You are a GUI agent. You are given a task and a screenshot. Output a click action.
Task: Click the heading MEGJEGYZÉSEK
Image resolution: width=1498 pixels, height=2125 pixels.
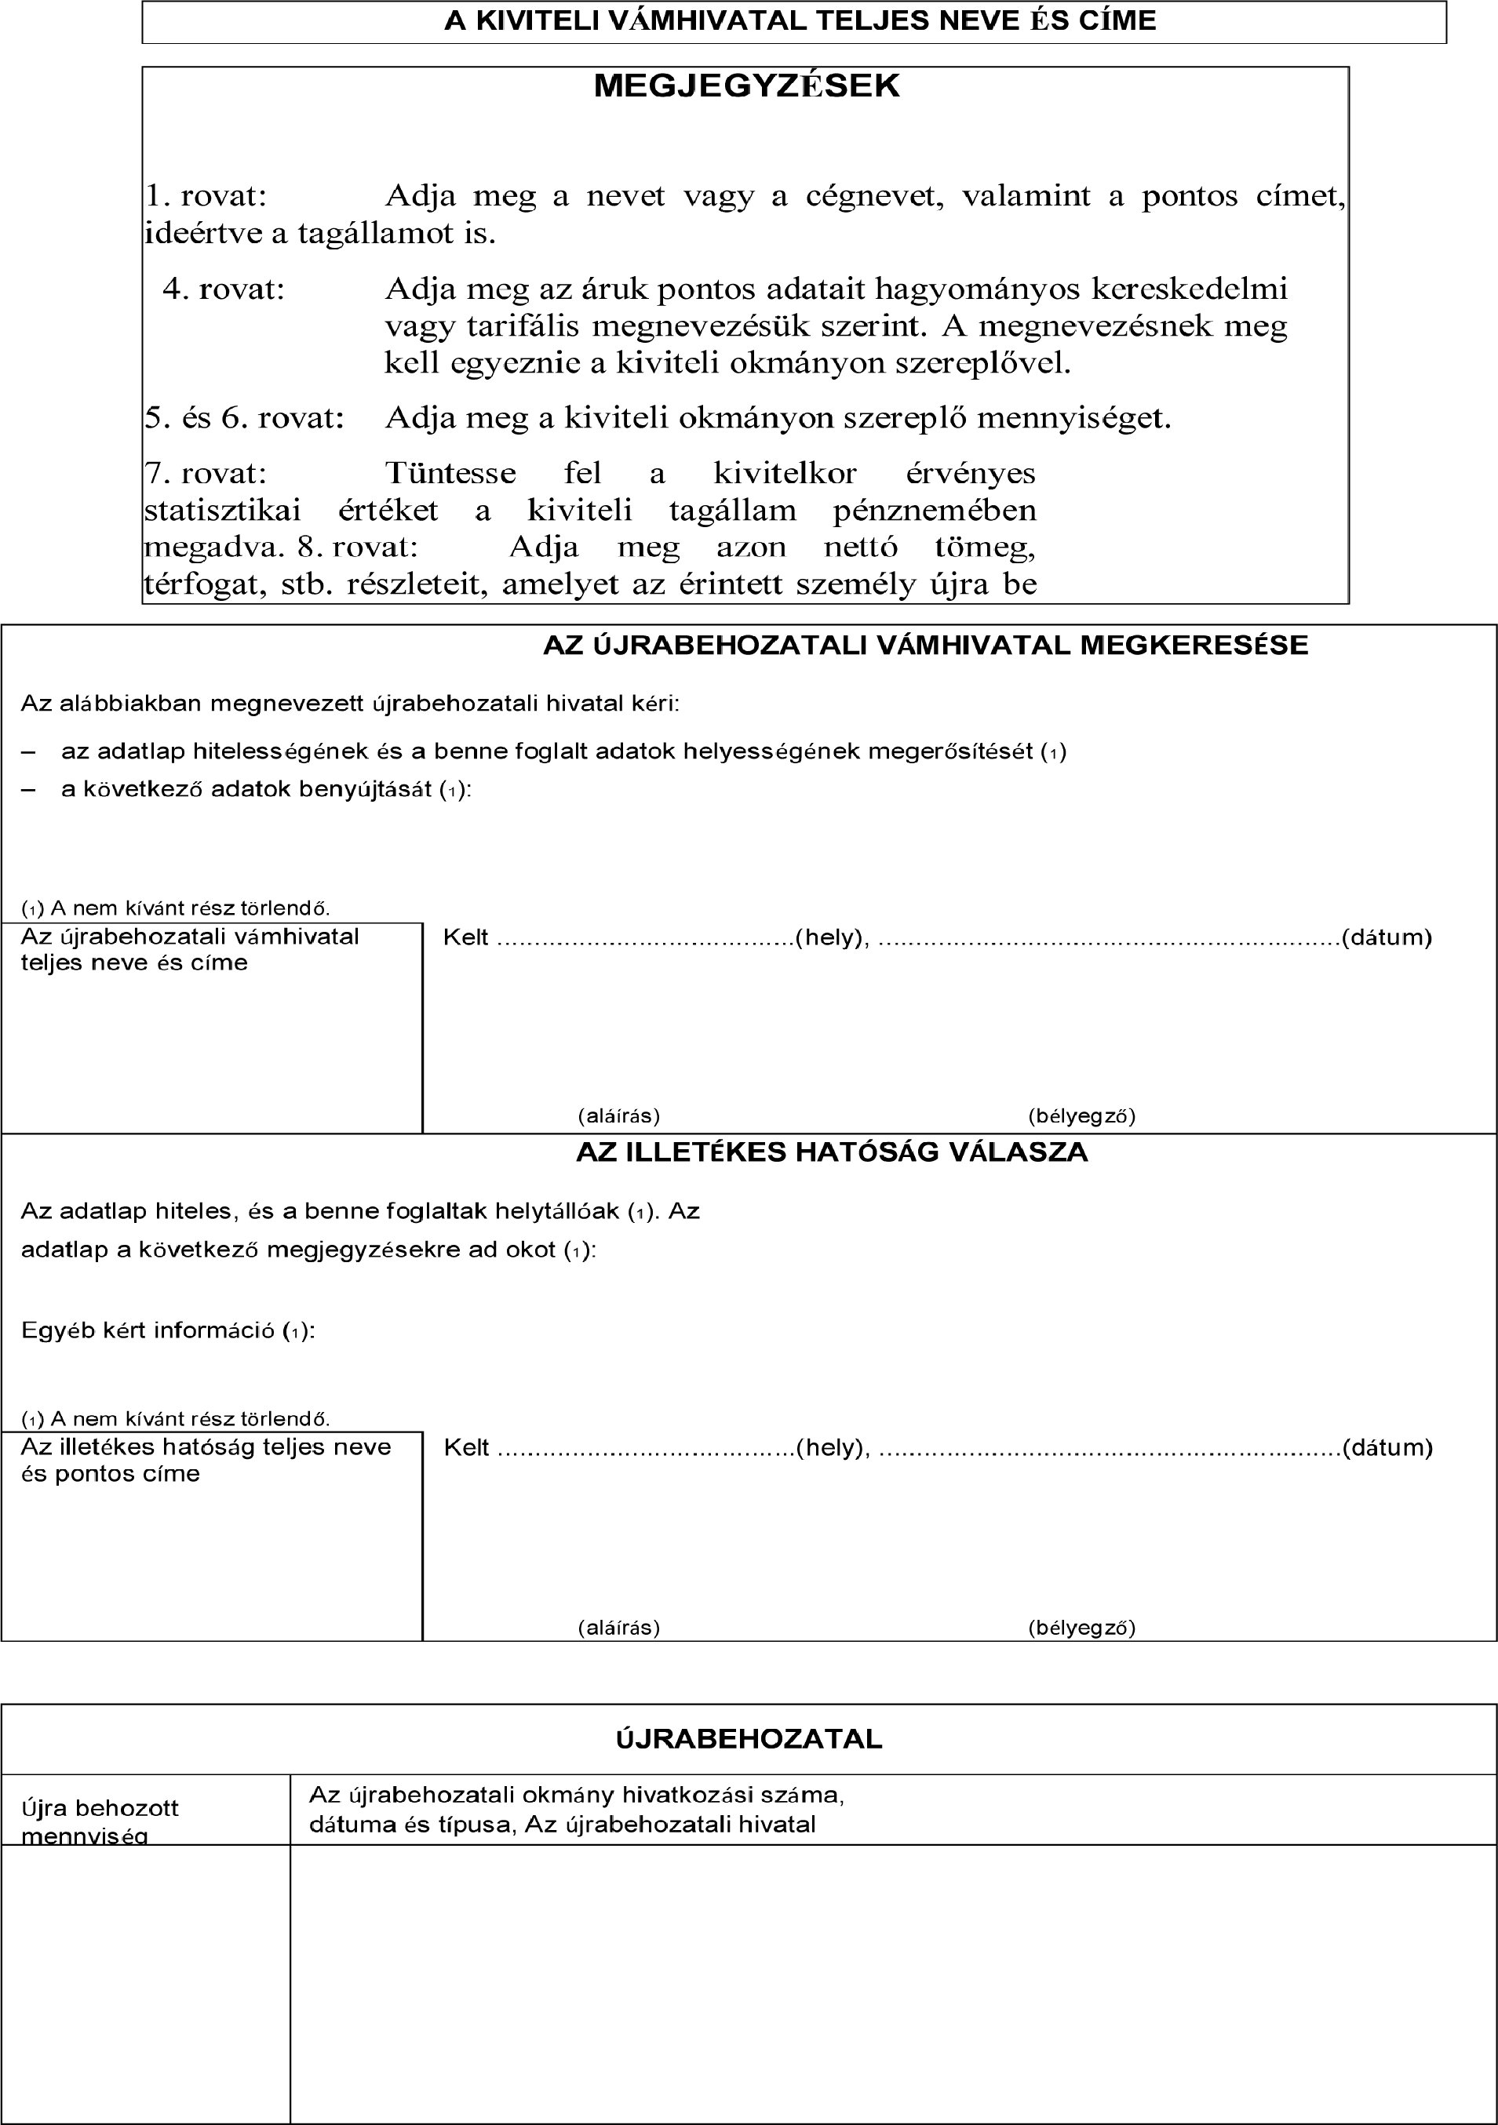745,86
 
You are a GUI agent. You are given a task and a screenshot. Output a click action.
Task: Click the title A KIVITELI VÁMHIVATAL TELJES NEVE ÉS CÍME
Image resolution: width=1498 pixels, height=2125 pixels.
800,21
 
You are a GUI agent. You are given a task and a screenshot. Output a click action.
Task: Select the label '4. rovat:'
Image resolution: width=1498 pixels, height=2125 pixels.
224,289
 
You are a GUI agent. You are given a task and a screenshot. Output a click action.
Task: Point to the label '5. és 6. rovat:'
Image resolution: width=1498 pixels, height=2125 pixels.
244,418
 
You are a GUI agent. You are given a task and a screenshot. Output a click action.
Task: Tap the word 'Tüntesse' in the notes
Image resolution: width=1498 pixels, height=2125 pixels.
450,473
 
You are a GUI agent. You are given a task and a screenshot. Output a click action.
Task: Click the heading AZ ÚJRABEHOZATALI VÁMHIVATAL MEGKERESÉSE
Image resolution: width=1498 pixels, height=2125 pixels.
925,645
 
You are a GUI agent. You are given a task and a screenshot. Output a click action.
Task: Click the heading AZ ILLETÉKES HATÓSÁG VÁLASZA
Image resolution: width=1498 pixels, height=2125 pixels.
832,1152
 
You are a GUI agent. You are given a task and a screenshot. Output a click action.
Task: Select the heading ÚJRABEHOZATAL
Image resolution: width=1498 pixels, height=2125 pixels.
749,1739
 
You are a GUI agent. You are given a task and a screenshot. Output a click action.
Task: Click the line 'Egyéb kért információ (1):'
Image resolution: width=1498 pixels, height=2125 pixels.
168,1331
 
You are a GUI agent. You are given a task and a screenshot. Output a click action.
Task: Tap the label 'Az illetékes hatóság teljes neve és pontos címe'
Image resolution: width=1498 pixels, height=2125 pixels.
206,1460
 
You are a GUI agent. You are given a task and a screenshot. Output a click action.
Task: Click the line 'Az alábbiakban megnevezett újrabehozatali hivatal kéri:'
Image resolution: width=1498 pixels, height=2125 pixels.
350,704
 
